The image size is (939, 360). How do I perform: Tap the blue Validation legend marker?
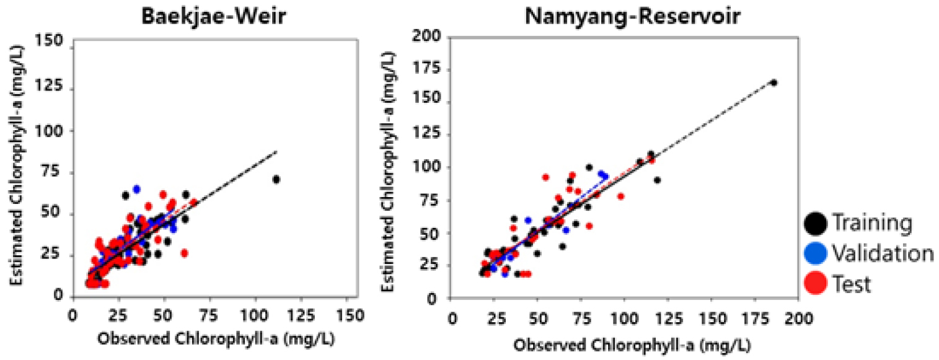click(x=815, y=253)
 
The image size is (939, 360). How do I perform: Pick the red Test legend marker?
click(x=815, y=284)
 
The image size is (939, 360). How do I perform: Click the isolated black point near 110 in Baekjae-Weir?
click(x=276, y=180)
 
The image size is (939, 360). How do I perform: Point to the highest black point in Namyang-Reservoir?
click(x=774, y=82)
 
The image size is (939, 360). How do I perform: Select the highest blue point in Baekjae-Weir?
click(x=136, y=189)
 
